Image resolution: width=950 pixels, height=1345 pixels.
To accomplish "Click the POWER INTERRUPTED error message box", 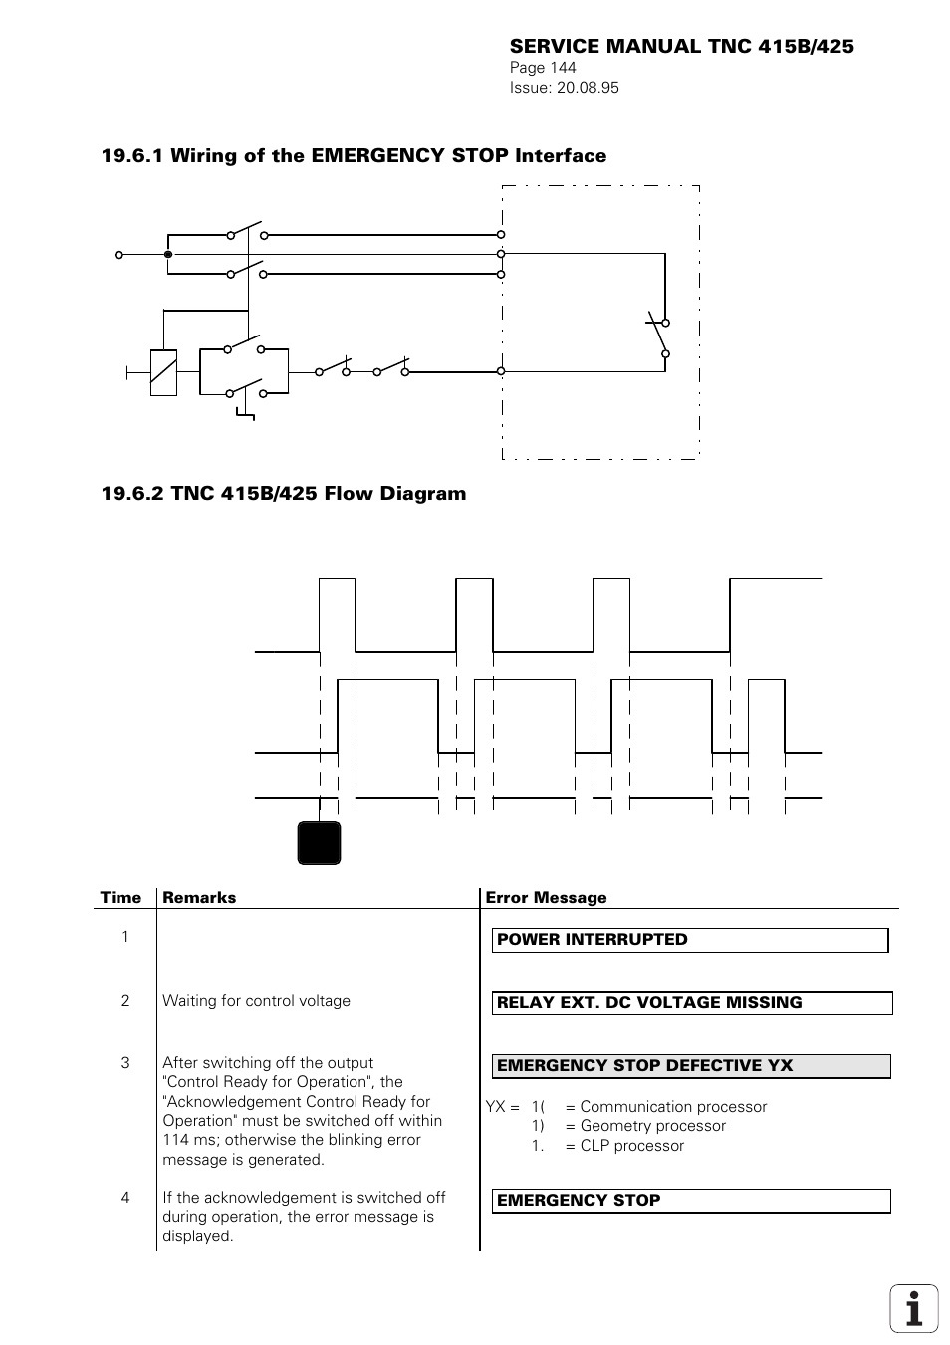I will point(689,940).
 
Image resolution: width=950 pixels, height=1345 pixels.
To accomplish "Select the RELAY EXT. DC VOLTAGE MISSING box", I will point(691,1003).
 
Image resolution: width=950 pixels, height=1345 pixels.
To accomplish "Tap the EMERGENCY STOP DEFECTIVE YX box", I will point(691,1066).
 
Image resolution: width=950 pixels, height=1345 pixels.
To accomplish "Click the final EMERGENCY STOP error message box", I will point(690,1201).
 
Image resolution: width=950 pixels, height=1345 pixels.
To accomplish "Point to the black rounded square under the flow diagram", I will point(319,842).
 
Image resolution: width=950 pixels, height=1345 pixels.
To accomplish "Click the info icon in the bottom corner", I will point(913,1308).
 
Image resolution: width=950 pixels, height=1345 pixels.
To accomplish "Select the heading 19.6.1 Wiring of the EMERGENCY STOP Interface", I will point(354,155).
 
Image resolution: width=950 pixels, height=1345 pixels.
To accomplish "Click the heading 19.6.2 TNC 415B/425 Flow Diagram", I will point(284,493).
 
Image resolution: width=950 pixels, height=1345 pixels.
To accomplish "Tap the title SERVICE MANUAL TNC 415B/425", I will point(681,46).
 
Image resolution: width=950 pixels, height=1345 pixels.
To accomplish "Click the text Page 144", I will point(543,68).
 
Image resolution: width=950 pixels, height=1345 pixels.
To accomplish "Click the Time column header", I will point(120,897).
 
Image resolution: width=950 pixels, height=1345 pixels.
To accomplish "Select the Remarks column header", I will point(199,897).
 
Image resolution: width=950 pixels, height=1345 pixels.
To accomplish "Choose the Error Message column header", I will point(546,897).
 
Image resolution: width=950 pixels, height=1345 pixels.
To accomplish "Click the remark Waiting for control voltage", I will point(256,1001).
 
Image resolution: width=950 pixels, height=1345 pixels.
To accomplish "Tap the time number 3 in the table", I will point(125,1063).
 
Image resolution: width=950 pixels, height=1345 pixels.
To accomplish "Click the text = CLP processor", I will point(624,1146).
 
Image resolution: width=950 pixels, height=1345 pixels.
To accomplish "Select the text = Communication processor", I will point(665,1107).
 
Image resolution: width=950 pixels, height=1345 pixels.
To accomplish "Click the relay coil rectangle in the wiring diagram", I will point(163,373).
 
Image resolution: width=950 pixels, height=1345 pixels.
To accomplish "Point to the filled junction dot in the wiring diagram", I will point(168,254).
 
